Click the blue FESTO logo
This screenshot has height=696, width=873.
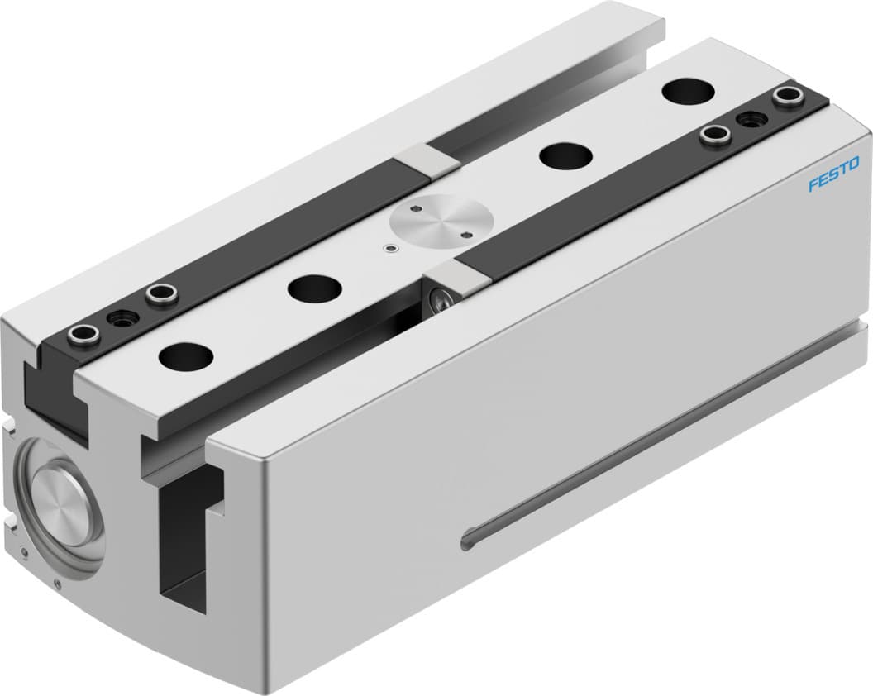pos(833,174)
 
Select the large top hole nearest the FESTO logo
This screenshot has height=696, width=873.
pos(689,90)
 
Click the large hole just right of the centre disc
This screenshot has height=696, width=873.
pos(565,154)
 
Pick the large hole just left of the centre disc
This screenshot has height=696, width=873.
pos(314,288)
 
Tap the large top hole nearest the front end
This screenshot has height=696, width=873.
pos(186,355)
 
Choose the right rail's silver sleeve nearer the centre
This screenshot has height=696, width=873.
pos(715,134)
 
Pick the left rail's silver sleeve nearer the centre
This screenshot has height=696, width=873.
pos(160,293)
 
